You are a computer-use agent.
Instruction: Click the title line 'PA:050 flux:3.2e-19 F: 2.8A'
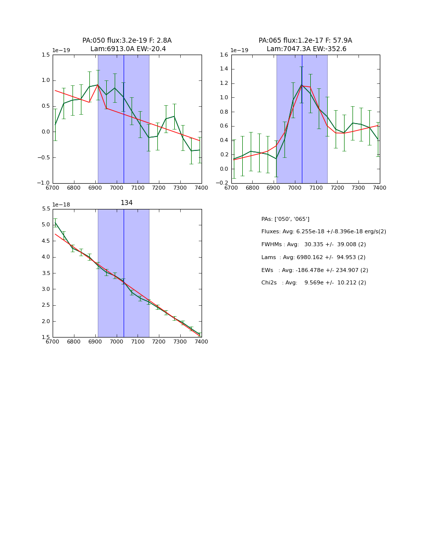127,41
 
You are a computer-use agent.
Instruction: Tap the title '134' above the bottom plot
127,203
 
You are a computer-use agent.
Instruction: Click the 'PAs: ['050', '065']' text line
285,219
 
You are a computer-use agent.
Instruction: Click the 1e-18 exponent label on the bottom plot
61,205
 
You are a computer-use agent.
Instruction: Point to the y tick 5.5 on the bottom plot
46,209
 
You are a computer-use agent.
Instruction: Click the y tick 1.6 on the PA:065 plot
224,55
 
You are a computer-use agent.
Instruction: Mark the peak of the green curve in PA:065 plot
302,85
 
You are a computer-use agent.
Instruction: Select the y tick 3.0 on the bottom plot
46,289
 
